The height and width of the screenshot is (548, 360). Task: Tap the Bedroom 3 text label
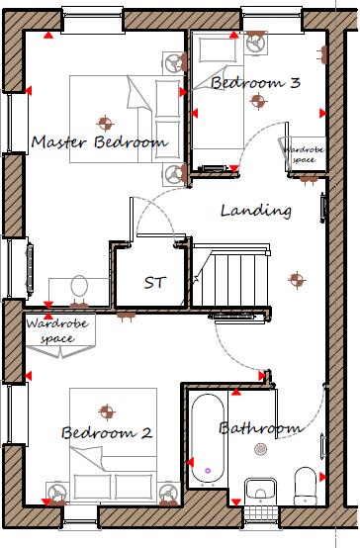coord(255,84)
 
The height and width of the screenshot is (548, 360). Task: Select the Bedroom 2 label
coord(106,432)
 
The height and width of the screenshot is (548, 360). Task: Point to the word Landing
coord(255,211)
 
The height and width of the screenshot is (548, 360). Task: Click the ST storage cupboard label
coord(155,282)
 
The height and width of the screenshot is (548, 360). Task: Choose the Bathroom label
coord(259,428)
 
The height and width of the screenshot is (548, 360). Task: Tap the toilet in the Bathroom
coord(305,486)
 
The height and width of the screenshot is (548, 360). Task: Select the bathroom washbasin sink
coord(260,490)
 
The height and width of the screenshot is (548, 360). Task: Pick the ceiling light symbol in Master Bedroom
coord(102,123)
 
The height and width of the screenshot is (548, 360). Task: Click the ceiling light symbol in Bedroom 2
coord(105,410)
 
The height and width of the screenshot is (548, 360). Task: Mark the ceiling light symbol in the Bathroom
coord(260,449)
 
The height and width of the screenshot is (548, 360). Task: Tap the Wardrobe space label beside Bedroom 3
coord(302,153)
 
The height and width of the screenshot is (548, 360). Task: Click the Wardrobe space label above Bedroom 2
coord(50,330)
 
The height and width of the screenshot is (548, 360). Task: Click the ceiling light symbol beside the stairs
coord(292,278)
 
